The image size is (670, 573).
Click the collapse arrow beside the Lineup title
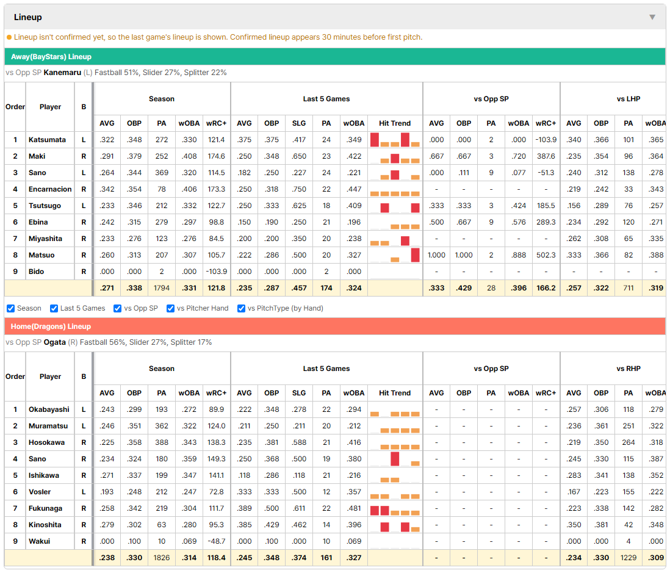coord(652,17)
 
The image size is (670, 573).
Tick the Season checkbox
coord(11,309)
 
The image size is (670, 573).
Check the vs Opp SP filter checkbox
coord(118,309)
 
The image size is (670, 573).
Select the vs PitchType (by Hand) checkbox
coord(242,309)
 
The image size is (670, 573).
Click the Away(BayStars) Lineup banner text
coord(51,57)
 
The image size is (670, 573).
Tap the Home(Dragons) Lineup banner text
coord(51,326)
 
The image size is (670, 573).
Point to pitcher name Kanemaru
coord(62,73)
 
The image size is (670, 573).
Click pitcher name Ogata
coord(55,342)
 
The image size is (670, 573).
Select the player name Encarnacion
coord(50,189)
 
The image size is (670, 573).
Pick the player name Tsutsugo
coord(45,206)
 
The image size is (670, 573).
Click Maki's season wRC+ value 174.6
coord(216,156)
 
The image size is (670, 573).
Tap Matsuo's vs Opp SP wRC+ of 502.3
coord(546,255)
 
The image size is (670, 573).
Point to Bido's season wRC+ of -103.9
coord(216,272)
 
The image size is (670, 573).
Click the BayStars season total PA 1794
coord(162,288)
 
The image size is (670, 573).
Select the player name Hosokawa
coord(46,442)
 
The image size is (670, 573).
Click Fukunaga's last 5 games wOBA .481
coord(354,508)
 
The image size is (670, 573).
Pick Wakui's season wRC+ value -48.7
coord(216,541)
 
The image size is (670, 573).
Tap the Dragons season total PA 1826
coord(162,558)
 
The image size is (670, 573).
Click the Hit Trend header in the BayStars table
coord(395,123)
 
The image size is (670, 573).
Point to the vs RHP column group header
coord(629,369)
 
